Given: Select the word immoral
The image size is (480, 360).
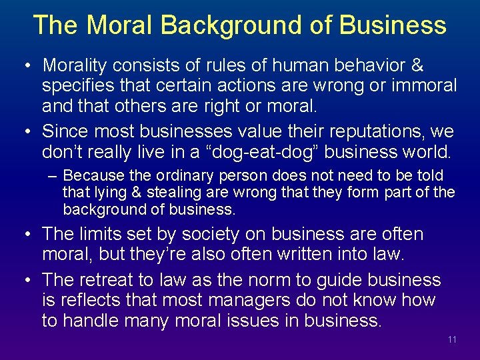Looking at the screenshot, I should tap(425, 86).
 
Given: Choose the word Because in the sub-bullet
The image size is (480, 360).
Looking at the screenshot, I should tap(93, 176).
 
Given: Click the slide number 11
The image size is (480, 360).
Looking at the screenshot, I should tap(453, 340).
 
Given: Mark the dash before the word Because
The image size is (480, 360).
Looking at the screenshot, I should tap(53, 176).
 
